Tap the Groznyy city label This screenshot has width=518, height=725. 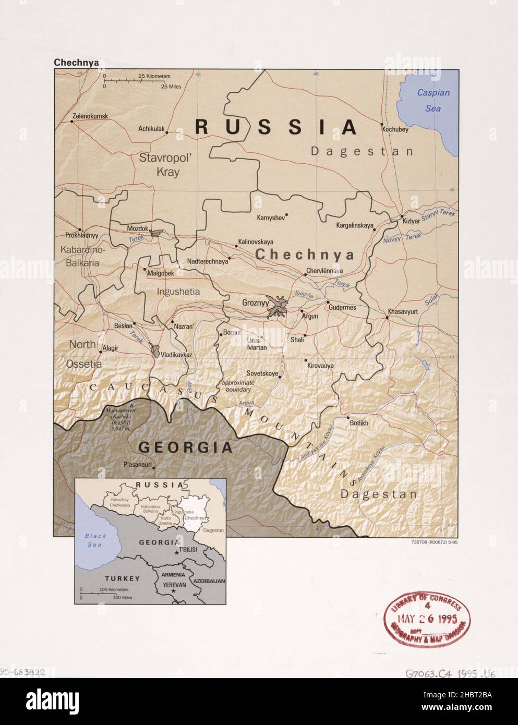point(255,302)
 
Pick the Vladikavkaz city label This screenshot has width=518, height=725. point(176,355)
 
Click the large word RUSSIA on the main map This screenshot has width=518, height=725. point(276,127)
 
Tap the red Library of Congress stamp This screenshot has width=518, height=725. point(424,618)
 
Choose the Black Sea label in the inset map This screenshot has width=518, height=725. point(95,540)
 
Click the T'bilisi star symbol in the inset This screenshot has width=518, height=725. point(176,552)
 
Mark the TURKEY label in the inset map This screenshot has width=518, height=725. point(122,578)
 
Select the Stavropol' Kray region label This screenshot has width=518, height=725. point(159,164)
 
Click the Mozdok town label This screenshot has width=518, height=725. point(137,228)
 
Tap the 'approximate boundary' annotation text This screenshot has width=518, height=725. point(236,386)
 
